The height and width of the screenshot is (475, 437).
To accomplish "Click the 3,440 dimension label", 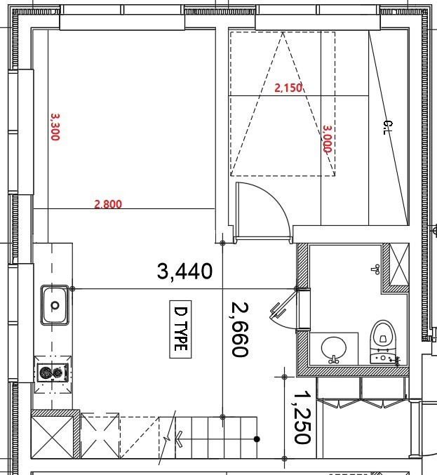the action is point(184,272).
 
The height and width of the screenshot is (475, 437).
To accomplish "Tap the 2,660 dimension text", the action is point(240,329).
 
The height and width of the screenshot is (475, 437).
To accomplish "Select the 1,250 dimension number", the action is point(302,417).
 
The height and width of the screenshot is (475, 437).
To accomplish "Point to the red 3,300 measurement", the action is point(55,127).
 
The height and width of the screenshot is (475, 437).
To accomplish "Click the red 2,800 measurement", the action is point(108,204).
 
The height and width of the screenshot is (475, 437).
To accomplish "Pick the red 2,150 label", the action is point(288,88).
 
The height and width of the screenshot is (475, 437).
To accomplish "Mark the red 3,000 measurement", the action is point(328,139).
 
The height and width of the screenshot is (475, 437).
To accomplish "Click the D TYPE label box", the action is point(180,329).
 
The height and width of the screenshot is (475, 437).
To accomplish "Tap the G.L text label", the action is point(388,128).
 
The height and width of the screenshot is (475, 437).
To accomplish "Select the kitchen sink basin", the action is point(55,305).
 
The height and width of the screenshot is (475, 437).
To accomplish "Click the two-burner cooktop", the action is point(53,372).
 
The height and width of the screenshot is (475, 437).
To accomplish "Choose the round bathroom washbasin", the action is point(333,349).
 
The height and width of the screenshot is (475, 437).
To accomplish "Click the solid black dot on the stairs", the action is point(257,439).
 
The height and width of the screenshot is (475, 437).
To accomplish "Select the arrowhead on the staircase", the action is point(179,439).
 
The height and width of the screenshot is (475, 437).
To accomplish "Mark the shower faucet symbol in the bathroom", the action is point(376,269).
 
